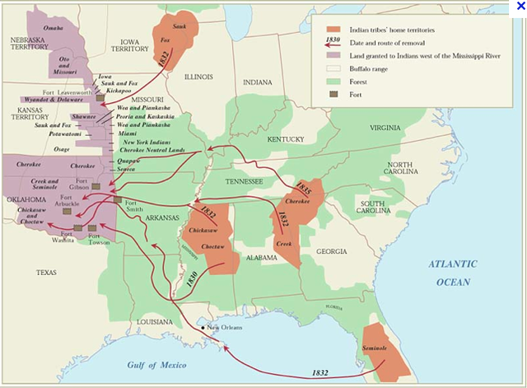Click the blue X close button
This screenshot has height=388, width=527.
[519, 7]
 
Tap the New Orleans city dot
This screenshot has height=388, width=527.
[203, 329]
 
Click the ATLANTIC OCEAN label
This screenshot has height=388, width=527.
[452, 273]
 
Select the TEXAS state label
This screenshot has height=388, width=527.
[47, 271]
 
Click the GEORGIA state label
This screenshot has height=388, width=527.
[331, 250]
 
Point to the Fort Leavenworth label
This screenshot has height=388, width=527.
[67, 92]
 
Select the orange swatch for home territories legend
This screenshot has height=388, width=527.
[333, 29]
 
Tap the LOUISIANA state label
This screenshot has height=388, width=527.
[155, 320]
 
